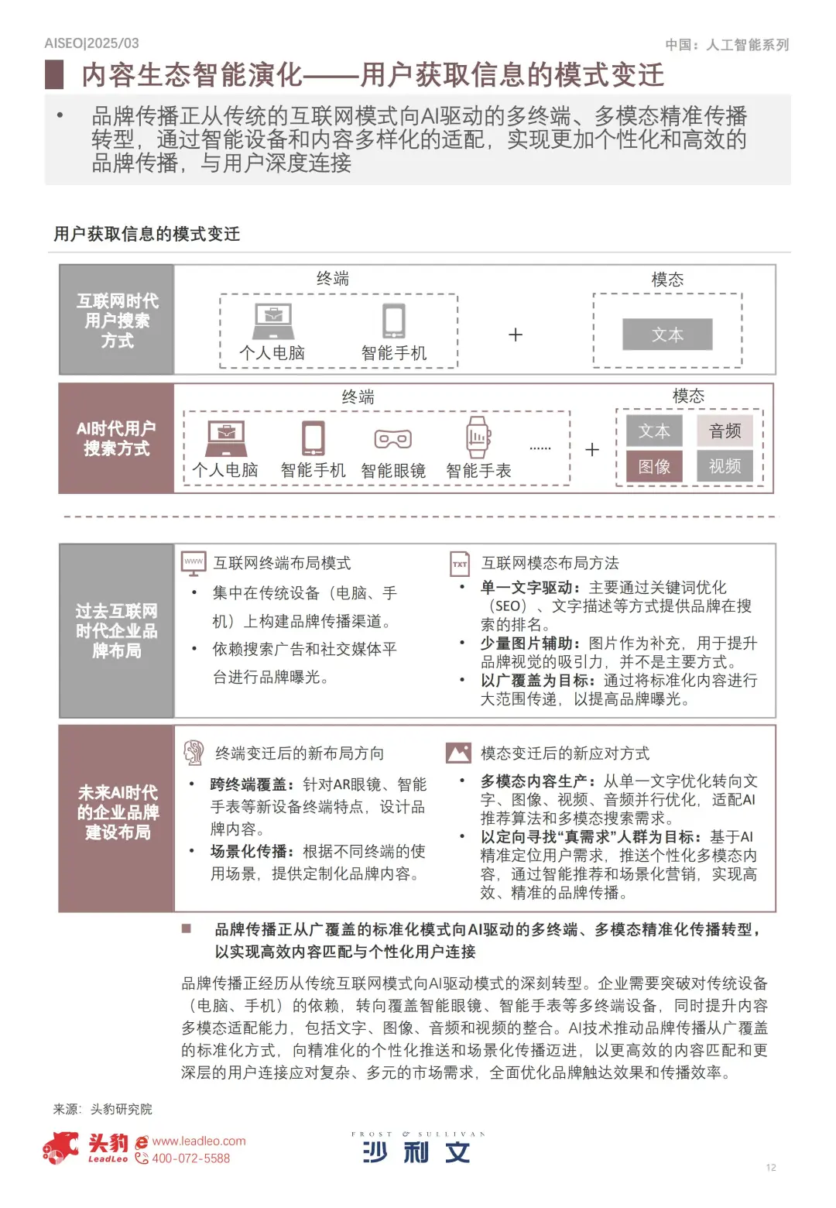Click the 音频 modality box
click(x=725, y=431)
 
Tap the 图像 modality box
click(x=654, y=467)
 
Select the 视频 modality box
click(x=725, y=466)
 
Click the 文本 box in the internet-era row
click(x=667, y=335)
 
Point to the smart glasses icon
click(x=393, y=439)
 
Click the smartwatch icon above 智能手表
click(x=478, y=438)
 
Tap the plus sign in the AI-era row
click(x=592, y=450)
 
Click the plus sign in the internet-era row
click(x=516, y=335)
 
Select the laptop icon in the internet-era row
click(x=273, y=321)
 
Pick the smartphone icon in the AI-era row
click(x=313, y=438)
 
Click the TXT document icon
click(x=460, y=564)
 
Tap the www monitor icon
click(x=194, y=563)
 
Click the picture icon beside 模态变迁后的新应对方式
click(x=458, y=753)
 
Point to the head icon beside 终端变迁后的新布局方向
click(x=194, y=753)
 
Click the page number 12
click(x=771, y=1168)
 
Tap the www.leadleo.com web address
click(x=199, y=1141)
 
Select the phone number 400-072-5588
click(x=190, y=1158)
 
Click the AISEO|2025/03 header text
click(x=92, y=43)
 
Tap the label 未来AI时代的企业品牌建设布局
click(x=118, y=812)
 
